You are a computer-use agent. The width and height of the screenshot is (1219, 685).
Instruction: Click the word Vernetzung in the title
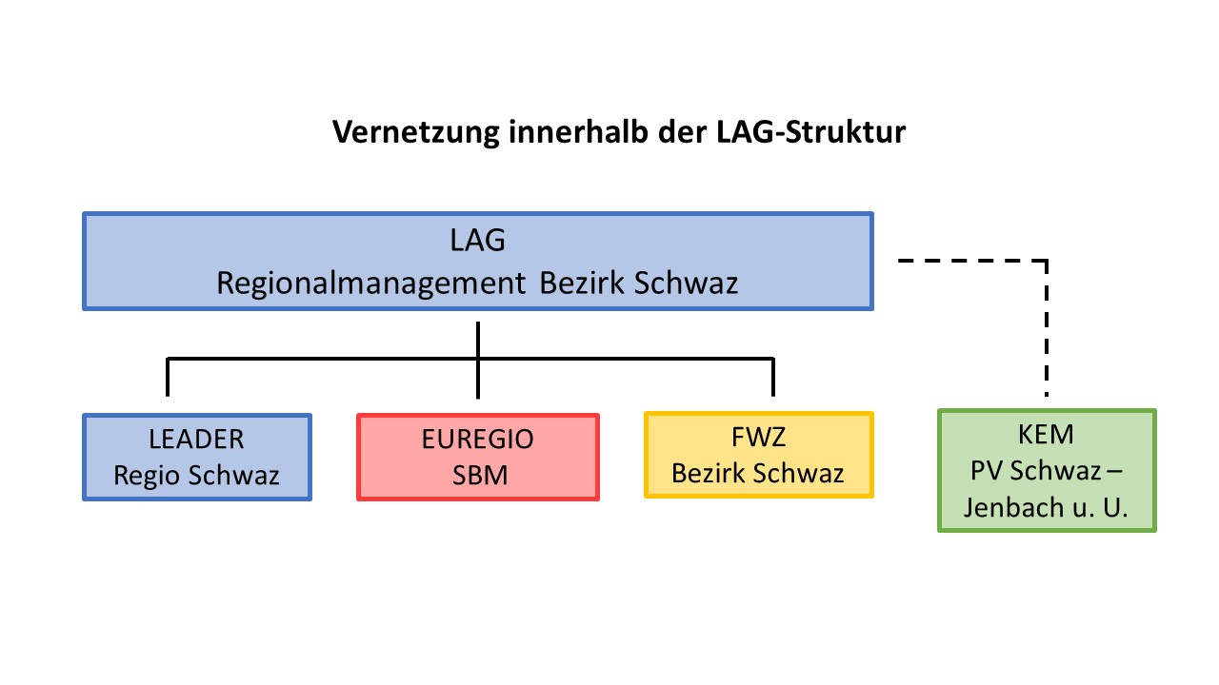point(416,132)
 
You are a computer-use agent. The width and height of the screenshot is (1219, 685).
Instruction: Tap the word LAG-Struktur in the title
point(810,131)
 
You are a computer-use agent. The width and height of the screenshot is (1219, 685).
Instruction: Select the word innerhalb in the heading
point(578,131)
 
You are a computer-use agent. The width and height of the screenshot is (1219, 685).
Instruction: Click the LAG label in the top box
point(478,241)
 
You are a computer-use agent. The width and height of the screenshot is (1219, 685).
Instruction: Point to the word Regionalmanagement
point(371,284)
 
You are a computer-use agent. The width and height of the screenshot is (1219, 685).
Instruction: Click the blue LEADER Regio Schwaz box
point(197,458)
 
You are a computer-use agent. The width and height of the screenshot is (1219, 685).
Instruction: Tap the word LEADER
point(196,440)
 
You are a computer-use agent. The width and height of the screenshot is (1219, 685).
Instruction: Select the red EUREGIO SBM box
point(478,458)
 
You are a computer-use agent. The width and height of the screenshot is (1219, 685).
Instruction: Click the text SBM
point(480,476)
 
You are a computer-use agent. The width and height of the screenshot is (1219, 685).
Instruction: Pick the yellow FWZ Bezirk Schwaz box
point(759,455)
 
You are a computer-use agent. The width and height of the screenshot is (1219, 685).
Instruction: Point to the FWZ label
point(759,437)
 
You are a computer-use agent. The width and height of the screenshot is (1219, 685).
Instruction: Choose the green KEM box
point(1047,470)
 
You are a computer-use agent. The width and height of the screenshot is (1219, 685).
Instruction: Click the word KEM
point(1046,435)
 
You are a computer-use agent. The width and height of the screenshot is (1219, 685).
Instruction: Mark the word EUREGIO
point(478,440)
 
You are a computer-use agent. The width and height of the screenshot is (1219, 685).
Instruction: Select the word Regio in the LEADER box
point(147,476)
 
